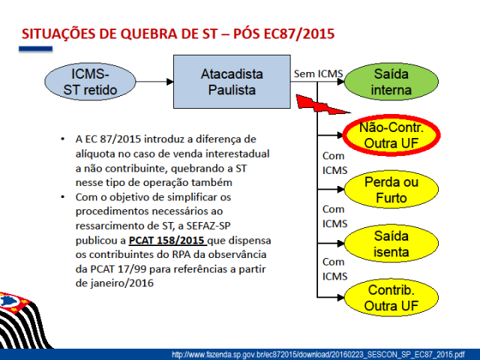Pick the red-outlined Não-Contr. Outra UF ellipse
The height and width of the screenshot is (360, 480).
[x=390, y=135]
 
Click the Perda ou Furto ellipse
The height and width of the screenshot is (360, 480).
[x=390, y=190]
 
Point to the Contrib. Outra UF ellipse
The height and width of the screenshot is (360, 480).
[x=390, y=298]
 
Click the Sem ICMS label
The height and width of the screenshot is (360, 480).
[x=318, y=73]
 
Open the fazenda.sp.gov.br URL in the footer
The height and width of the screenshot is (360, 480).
[x=318, y=354]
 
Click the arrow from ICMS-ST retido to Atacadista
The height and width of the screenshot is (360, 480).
[x=154, y=83]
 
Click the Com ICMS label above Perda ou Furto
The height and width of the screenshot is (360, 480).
[x=333, y=163]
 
